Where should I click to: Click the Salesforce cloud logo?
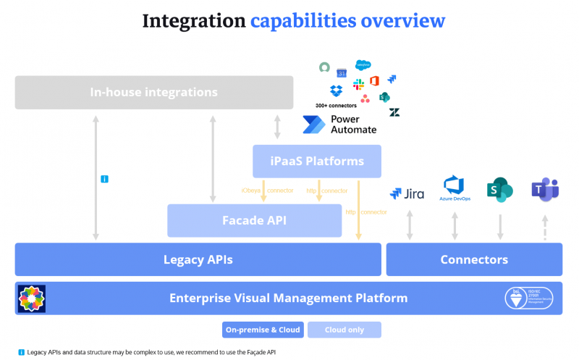point(362,65)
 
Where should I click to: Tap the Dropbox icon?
point(336,91)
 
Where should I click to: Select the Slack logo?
point(358,85)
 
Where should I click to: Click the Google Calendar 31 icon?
point(342,73)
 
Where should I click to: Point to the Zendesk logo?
point(394,112)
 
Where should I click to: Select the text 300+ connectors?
point(336,106)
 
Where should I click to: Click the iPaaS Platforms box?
point(317,161)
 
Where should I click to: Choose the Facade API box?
point(254,220)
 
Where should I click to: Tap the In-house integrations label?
point(153,92)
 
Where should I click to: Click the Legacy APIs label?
point(198,259)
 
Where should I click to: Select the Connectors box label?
point(474,259)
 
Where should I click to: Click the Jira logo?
point(407,193)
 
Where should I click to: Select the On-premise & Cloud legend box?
point(262,330)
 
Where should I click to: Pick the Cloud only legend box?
point(344,330)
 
